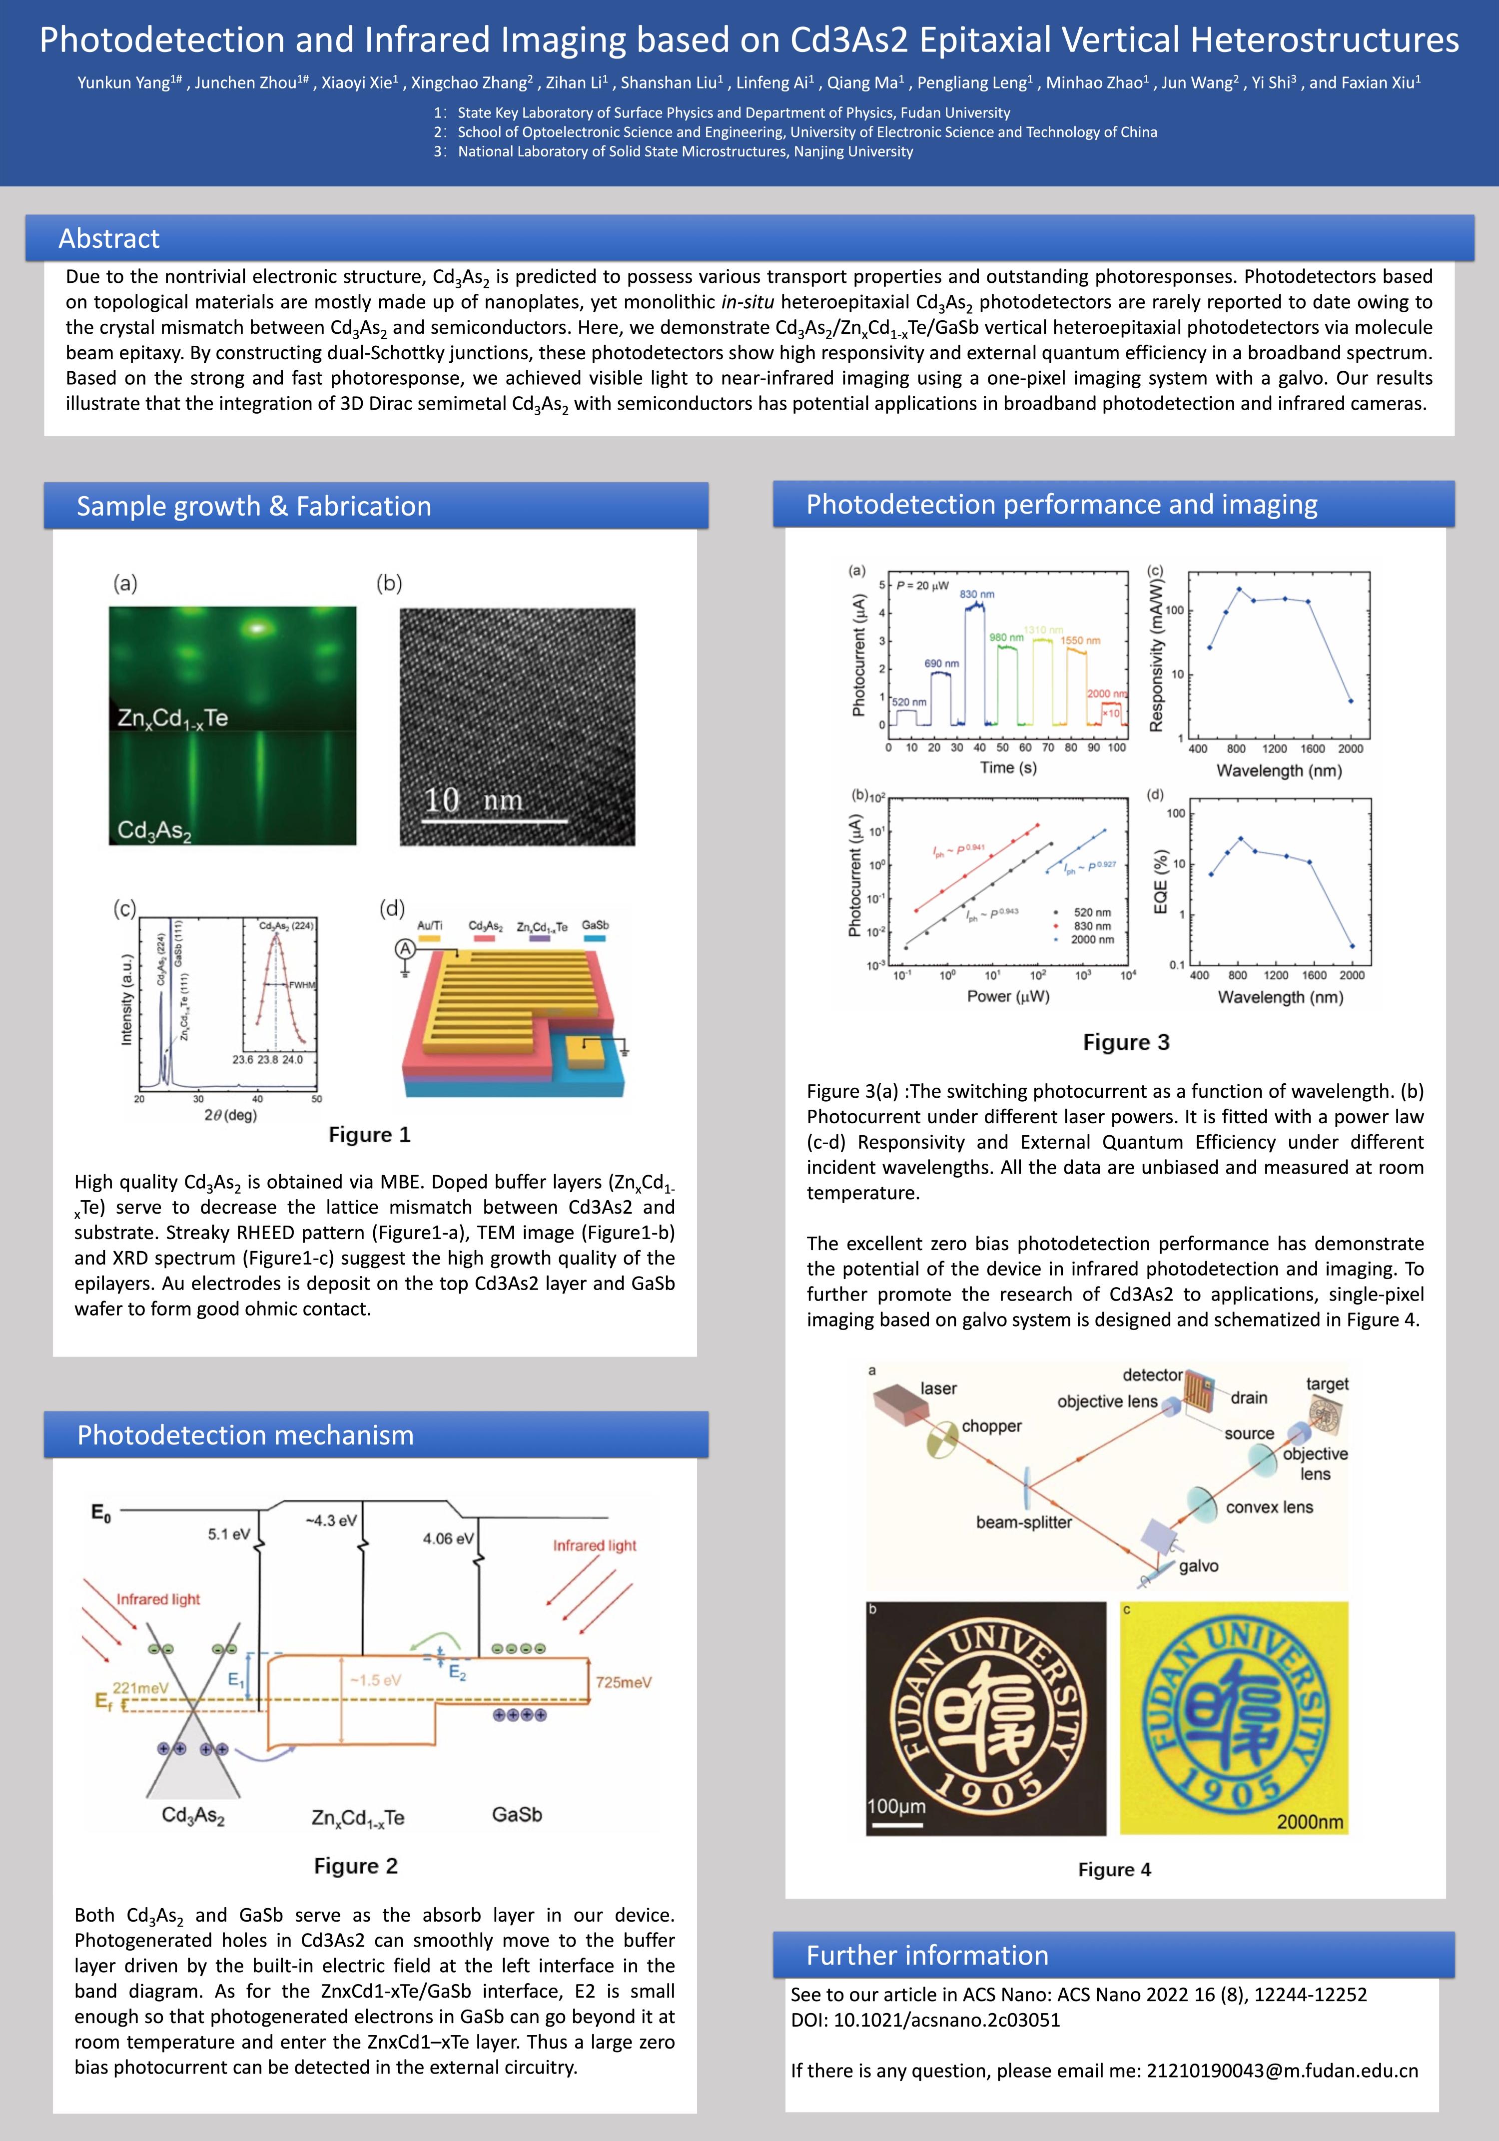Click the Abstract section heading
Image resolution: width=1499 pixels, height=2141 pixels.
[109, 239]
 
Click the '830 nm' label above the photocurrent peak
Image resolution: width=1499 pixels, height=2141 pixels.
[977, 594]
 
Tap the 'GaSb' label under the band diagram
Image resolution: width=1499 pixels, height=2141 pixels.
[517, 1814]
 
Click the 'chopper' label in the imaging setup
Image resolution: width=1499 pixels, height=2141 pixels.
[991, 1426]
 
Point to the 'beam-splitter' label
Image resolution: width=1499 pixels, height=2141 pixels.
[1023, 1522]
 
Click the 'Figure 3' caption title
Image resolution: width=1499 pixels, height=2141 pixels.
[1126, 1043]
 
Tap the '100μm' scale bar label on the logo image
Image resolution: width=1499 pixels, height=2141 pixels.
[896, 1806]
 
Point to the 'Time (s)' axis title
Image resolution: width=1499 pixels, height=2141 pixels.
[1007, 767]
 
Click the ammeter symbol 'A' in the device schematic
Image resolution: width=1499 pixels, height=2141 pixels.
[405, 949]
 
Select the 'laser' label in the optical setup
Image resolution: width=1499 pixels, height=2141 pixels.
[938, 1389]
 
